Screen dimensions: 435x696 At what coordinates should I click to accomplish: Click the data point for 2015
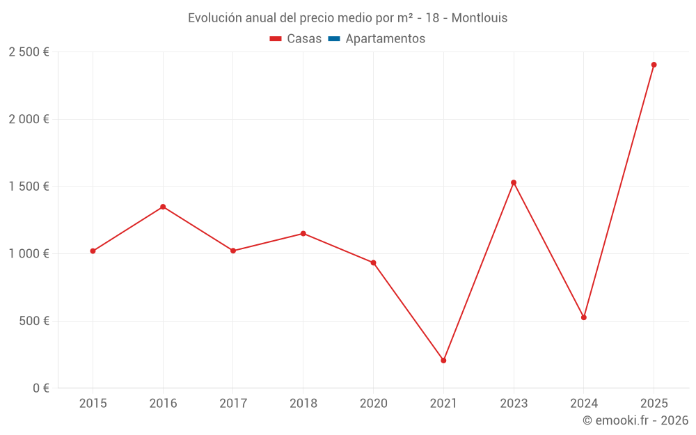pyautogui.click(x=93, y=251)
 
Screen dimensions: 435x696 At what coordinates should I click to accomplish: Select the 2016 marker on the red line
pyautogui.click(x=163, y=207)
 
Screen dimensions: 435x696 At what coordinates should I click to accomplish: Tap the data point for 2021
pyautogui.click(x=443, y=361)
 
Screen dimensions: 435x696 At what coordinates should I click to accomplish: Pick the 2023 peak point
pyautogui.click(x=514, y=182)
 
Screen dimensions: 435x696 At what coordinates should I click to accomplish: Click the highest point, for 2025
pyautogui.click(x=654, y=65)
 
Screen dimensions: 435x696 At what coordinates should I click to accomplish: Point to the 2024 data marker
pyautogui.click(x=584, y=317)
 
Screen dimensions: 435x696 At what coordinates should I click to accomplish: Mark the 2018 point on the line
pyautogui.click(x=303, y=233)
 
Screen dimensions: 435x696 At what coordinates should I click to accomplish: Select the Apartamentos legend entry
pyautogui.click(x=385, y=39)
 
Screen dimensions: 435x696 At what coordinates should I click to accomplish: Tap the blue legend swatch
pyautogui.click(x=333, y=39)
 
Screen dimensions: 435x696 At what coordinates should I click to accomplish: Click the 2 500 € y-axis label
pyautogui.click(x=29, y=52)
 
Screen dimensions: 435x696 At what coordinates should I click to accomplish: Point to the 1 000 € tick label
pyautogui.click(x=29, y=254)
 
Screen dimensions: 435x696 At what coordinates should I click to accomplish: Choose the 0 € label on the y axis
pyautogui.click(x=40, y=388)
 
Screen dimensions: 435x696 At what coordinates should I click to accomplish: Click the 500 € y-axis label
pyautogui.click(x=34, y=322)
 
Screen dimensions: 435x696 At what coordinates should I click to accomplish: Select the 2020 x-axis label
pyautogui.click(x=373, y=404)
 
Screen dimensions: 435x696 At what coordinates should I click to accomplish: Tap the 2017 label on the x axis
pyautogui.click(x=233, y=404)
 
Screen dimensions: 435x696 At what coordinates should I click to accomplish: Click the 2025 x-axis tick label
pyautogui.click(x=654, y=404)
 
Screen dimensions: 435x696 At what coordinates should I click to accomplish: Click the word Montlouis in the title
pyautogui.click(x=479, y=18)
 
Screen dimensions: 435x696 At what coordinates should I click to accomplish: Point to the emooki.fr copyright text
pyautogui.click(x=635, y=420)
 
